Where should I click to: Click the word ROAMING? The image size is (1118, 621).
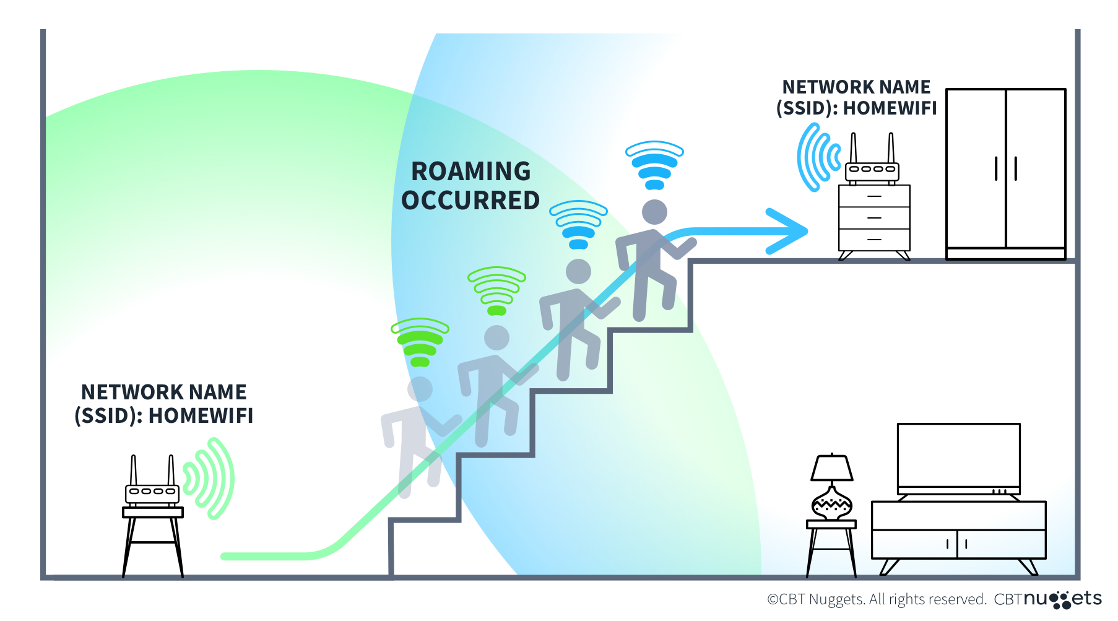coord(470,172)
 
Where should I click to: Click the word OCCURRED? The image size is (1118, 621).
coord(470,201)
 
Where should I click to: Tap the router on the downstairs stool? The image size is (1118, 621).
coord(152,493)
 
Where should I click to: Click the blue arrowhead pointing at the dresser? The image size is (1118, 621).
coord(789,231)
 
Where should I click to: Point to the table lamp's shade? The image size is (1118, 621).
coord(832,468)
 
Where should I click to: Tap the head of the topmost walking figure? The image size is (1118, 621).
coord(654,212)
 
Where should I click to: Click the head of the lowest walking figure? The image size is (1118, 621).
coord(420,389)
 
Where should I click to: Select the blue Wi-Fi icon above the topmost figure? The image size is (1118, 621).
coord(654,165)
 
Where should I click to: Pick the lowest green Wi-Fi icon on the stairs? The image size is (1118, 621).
coord(420,342)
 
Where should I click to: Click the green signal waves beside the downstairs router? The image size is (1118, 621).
coord(210,478)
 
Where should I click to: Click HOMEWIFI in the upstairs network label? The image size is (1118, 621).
coord(890,108)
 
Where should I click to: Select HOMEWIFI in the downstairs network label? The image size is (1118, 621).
coord(201,415)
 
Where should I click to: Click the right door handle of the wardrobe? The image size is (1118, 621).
coord(1016,168)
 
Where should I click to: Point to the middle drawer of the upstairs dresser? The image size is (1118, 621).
coord(874,218)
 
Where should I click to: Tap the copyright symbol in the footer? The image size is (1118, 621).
coord(773,599)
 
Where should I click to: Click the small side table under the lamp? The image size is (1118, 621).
coord(831,545)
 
